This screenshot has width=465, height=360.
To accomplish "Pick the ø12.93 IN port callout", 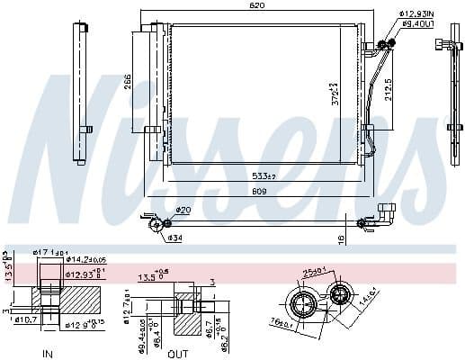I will click(x=416, y=13).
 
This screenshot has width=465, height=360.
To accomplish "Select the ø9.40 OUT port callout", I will click(x=418, y=24).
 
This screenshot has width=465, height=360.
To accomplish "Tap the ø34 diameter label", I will click(x=176, y=238).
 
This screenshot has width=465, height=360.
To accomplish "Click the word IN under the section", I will click(x=48, y=353).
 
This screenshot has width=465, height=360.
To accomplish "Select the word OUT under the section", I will click(x=178, y=353).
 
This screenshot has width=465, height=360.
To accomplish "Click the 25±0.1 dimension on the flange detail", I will click(x=316, y=273).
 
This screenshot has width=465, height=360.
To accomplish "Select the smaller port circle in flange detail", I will click(x=342, y=293).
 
